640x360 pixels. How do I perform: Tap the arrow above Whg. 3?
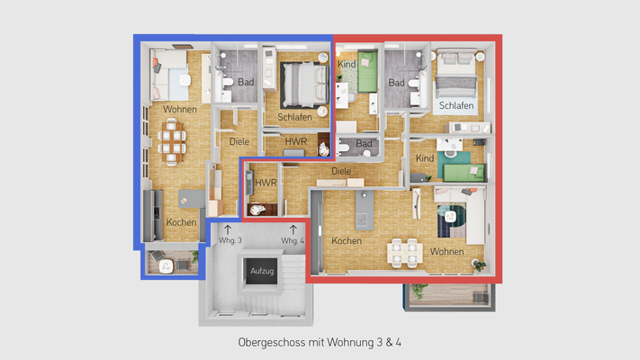pos(227,229)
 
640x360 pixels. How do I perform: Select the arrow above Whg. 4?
pos(293,229)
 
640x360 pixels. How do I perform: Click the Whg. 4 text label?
pos(293,241)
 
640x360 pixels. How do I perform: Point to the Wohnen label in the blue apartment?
pos(180,109)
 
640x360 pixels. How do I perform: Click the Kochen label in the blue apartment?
pos(181,222)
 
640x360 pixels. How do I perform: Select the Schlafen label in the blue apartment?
pos(295,117)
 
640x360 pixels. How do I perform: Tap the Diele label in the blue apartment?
pos(239,141)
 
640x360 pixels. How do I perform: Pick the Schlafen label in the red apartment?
pos(455,106)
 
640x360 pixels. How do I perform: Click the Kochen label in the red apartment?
pos(347,241)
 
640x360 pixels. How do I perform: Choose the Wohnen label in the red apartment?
pos(446,251)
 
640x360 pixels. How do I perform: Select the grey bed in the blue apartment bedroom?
pos(299,84)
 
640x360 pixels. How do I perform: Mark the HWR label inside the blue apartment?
pos(295,142)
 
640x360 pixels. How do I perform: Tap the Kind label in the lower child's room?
pos(425,158)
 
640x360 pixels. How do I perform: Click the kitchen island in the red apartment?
pos(364,211)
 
